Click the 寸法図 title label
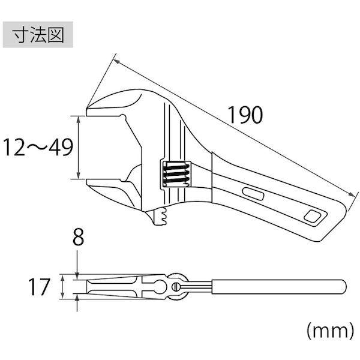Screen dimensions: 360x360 (38, 35)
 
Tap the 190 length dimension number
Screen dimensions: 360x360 (245, 115)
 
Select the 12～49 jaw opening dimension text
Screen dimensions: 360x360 (38, 148)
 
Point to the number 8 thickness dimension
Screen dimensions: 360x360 (78, 238)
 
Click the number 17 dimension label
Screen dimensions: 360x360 (39, 287)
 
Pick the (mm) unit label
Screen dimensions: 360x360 (330, 331)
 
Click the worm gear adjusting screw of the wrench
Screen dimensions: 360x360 (176, 173)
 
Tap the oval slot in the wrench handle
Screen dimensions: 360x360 (253, 194)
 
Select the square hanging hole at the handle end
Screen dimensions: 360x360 (312, 216)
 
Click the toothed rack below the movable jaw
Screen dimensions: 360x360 (161, 216)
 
